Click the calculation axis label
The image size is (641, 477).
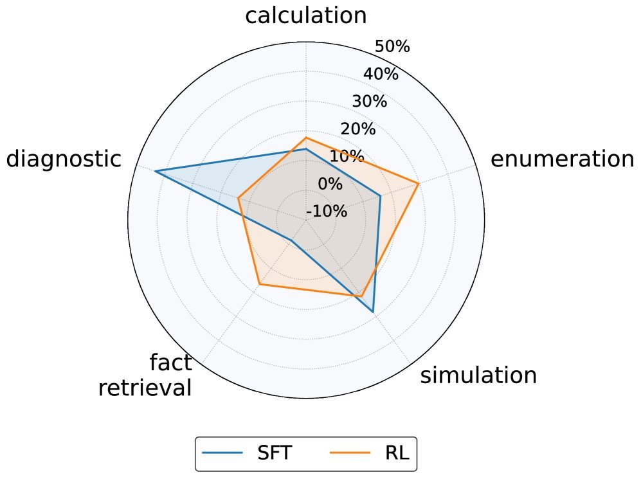(306, 15)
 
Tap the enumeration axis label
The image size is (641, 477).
(562, 159)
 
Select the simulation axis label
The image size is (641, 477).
(478, 375)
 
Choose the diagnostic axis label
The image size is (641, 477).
(64, 159)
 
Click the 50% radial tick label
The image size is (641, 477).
(392, 46)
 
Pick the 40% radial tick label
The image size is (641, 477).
(381, 74)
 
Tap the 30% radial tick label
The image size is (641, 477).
(369, 102)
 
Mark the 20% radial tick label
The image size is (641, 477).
(357, 129)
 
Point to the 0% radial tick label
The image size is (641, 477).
(330, 184)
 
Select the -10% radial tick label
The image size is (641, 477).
(327, 212)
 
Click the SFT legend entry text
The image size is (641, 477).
(275, 453)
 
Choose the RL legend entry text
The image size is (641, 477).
(397, 453)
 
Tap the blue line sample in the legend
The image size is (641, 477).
(222, 453)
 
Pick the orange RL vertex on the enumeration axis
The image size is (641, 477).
(419, 184)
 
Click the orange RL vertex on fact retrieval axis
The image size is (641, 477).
(259, 284)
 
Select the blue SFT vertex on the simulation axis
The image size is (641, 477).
(373, 312)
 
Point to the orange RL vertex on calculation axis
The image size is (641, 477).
(306, 138)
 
